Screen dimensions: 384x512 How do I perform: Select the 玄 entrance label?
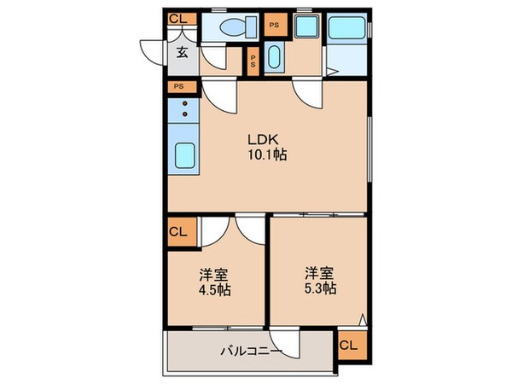[183, 50]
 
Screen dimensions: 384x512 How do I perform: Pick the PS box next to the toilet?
[273, 25]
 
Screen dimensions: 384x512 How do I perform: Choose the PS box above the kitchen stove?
[179, 86]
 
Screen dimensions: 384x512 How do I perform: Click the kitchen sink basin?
[183, 156]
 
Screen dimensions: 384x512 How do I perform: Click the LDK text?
[261, 139]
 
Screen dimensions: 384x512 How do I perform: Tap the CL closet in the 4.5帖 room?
[180, 230]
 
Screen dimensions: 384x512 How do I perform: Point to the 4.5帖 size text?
[216, 288]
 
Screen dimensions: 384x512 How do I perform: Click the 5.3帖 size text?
[320, 288]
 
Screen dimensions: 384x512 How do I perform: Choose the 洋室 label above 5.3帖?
[320, 273]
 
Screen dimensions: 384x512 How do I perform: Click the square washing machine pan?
[305, 26]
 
